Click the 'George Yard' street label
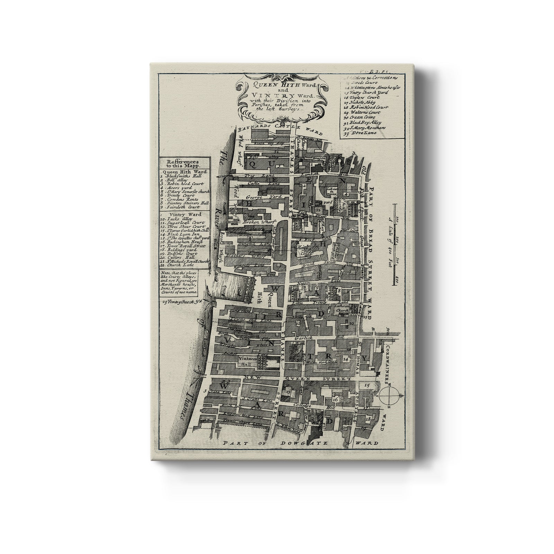point(258,197)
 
